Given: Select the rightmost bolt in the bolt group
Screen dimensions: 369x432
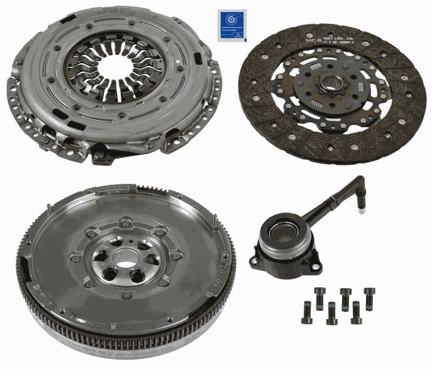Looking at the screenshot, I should coord(369,298).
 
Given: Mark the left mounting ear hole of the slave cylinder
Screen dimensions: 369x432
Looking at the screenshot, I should coord(254,263).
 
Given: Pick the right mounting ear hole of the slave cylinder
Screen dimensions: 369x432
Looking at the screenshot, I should coord(316,266).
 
